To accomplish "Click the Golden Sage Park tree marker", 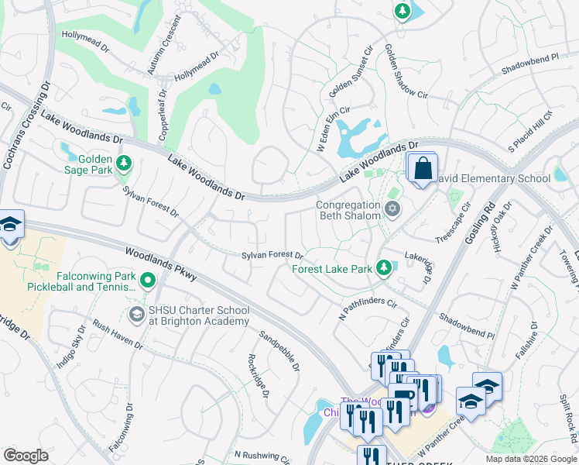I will pos(124,164).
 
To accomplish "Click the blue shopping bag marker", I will pos(423,169).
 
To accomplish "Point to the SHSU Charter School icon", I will pos(137,314).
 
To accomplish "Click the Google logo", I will pos(26,455).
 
